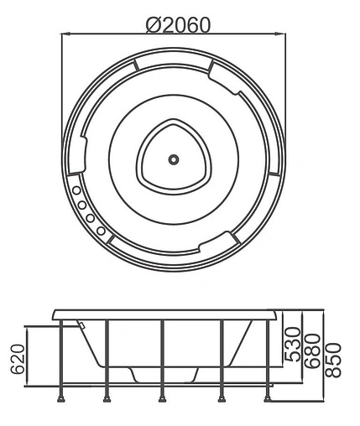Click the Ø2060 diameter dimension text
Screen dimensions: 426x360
tap(177, 24)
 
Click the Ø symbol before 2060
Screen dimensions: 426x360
tap(153, 24)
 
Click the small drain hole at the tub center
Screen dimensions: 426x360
tap(174, 158)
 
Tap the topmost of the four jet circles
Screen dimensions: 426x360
tap(78, 190)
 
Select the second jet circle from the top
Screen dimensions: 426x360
tap(83, 204)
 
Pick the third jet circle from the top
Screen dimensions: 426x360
tap(91, 218)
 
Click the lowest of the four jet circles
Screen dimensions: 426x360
tap(101, 230)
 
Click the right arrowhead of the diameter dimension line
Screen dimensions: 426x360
tap(284, 35)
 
